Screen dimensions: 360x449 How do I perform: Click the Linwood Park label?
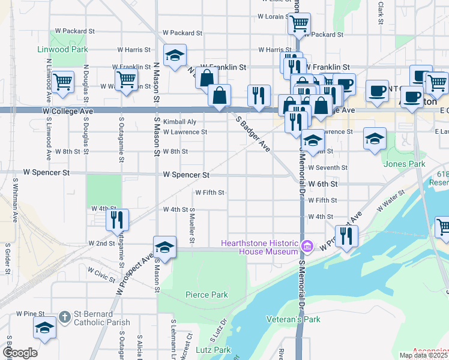62,49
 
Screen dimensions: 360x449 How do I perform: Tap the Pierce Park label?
206,295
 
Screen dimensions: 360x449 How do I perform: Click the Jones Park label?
405,164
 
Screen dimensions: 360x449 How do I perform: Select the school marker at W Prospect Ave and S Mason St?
164,247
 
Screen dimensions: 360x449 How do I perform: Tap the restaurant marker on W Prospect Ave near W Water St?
345,235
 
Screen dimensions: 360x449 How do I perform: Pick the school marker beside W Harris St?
175,56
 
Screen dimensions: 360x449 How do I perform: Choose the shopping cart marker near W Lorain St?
298,25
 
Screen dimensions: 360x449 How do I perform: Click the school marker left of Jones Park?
375,138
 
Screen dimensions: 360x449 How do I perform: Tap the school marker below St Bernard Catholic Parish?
45,328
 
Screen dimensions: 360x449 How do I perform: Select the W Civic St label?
101,274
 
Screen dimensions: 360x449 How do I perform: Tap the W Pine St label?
31,313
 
